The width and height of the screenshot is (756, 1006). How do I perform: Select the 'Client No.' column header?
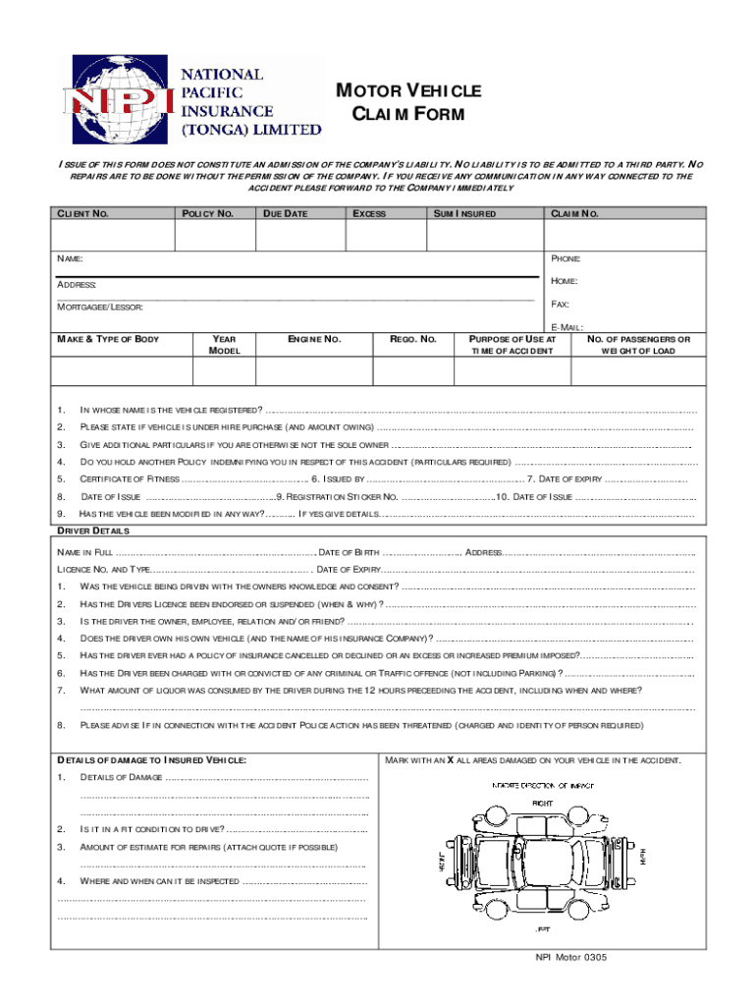pos(84,214)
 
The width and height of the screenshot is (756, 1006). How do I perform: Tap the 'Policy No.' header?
pos(205,214)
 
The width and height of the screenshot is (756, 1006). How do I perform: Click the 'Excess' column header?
pos(369,214)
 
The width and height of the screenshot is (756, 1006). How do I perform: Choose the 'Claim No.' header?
pos(575,214)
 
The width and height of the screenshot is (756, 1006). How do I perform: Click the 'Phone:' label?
pos(566,258)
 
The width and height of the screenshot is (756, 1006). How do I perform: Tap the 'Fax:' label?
pos(561,305)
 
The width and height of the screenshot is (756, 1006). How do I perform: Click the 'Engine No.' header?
pos(313,340)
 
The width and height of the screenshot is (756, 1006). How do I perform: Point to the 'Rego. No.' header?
pos(412,340)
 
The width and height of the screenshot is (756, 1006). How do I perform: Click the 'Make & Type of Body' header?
pos(108,340)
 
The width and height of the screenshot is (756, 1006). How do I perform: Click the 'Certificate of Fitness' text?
pos(130,479)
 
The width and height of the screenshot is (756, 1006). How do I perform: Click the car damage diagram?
pos(541,853)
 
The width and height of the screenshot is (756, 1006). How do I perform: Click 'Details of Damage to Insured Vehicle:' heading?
pos(151,760)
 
